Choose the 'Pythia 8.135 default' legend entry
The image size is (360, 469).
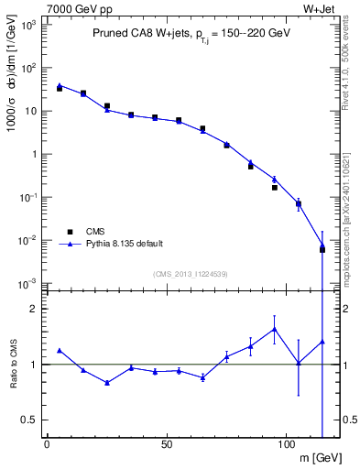(125, 244)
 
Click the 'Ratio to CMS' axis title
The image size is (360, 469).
(12, 364)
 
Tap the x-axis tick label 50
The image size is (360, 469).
(166, 444)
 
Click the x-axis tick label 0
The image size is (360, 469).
(47, 444)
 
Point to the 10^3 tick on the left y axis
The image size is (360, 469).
(30, 25)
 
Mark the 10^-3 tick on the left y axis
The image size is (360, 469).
(30, 283)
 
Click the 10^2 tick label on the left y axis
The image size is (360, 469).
(30, 68)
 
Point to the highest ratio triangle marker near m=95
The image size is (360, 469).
(274, 329)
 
